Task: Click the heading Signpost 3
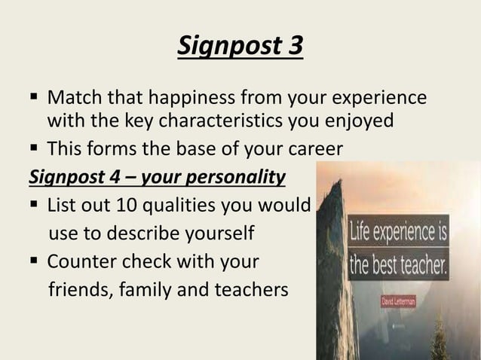240,46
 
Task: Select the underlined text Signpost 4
69,178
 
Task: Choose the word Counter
80,262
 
